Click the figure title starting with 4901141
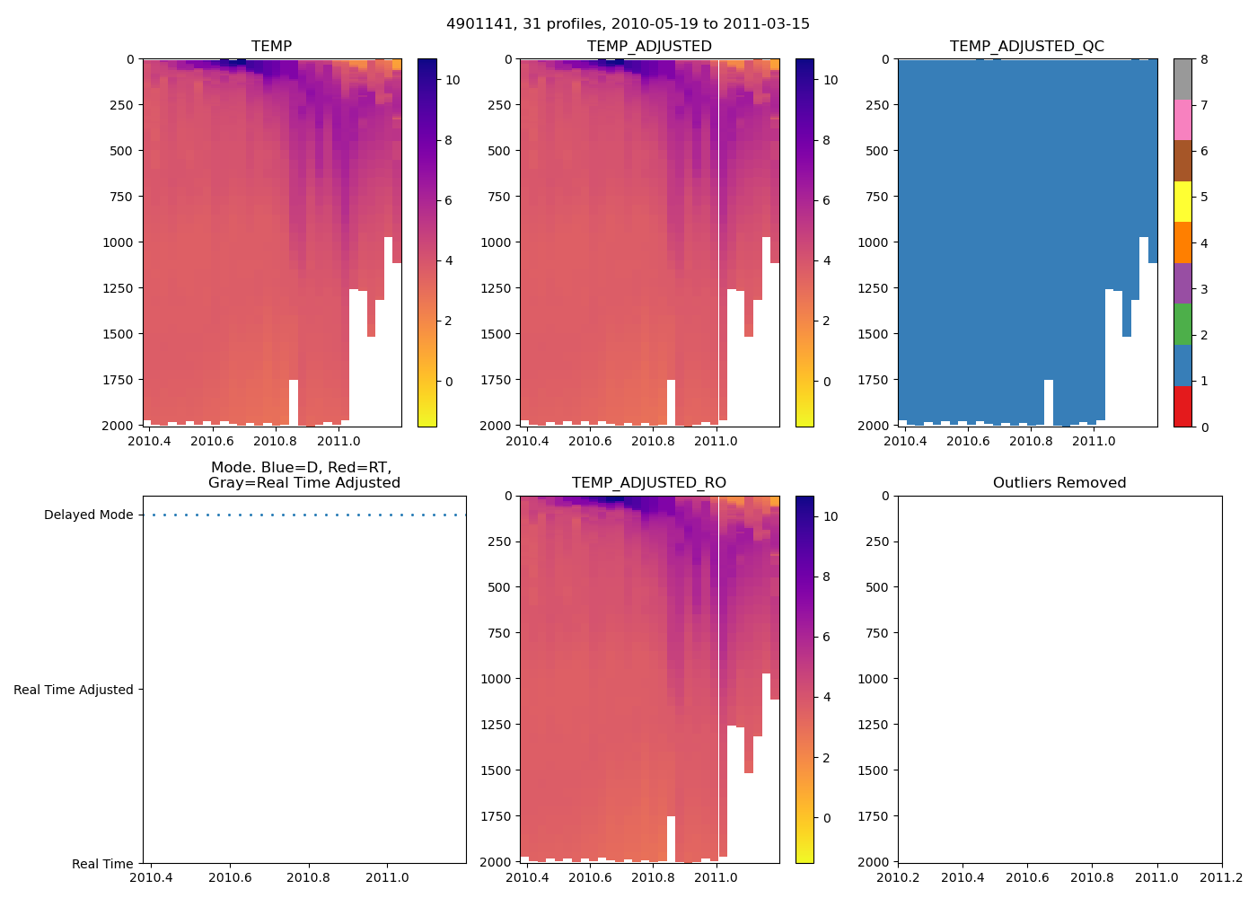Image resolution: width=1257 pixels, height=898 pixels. click(x=628, y=23)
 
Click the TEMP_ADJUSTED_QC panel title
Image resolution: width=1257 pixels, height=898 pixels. click(x=1027, y=46)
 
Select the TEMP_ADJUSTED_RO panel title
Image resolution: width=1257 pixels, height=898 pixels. click(x=649, y=482)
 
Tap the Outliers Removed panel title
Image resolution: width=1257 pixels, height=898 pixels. click(x=1059, y=482)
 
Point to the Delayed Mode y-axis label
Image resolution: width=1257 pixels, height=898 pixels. click(x=88, y=515)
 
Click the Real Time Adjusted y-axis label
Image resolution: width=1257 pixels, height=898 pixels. click(x=73, y=690)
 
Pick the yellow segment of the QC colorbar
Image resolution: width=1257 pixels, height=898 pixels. click(x=1182, y=202)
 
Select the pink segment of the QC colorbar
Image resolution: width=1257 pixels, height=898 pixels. click(x=1182, y=120)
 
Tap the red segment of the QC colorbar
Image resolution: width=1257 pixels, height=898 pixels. click(x=1182, y=406)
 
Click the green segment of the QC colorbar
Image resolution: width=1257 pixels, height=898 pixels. click(x=1182, y=324)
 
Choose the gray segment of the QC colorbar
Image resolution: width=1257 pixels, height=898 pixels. click(x=1182, y=79)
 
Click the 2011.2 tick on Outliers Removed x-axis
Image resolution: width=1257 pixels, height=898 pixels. click(x=1222, y=877)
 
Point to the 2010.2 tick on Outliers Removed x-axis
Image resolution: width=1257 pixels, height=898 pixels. click(x=898, y=877)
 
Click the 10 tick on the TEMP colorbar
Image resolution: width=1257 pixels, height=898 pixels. click(x=453, y=80)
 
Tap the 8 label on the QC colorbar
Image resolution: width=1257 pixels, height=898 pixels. click(x=1204, y=59)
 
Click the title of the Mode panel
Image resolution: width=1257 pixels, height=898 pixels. click(x=303, y=475)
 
